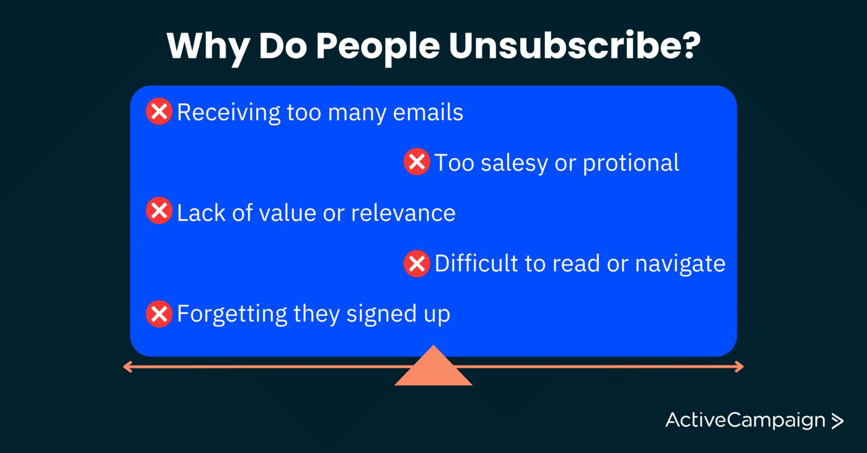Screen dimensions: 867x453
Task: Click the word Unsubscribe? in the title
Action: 575,45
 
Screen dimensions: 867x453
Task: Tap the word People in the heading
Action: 378,48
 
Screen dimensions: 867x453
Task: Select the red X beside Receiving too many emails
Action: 159,111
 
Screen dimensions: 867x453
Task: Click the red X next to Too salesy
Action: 417,162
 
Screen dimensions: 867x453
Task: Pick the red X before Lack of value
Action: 159,211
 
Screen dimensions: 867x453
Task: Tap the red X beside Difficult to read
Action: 417,264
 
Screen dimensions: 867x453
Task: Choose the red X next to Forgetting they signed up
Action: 159,314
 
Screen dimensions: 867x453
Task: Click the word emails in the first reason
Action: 428,113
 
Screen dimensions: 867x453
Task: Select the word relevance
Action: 403,213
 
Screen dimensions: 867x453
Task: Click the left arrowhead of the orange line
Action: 127,367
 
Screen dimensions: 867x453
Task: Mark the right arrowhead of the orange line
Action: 740,367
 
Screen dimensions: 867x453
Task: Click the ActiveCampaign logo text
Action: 745,421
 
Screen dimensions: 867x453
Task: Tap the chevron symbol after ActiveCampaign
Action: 837,421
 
